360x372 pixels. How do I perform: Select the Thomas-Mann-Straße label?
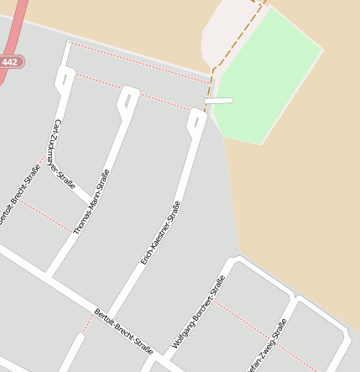pos(92,202)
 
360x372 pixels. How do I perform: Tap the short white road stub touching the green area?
pos(218,101)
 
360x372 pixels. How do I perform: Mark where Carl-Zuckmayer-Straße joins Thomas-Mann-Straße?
pos(87,200)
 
